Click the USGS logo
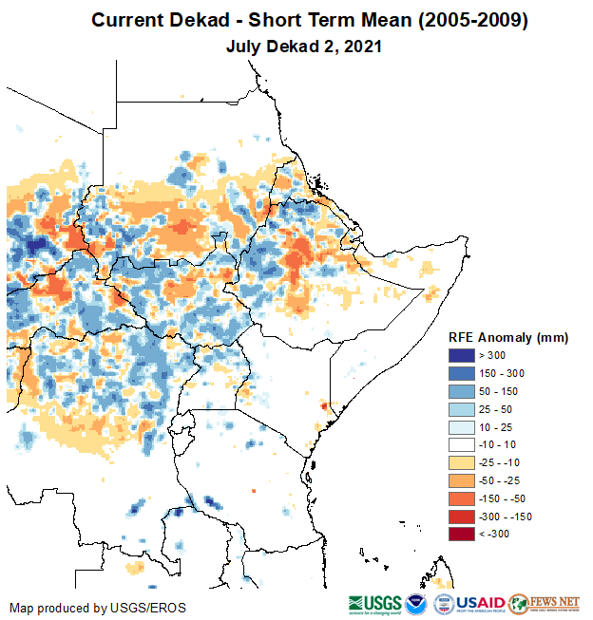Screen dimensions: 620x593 pos(374,605)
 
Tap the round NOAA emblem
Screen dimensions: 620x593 pos(416,605)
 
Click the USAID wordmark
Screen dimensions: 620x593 pos(480,605)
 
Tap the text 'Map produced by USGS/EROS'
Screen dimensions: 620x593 pos(98,608)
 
